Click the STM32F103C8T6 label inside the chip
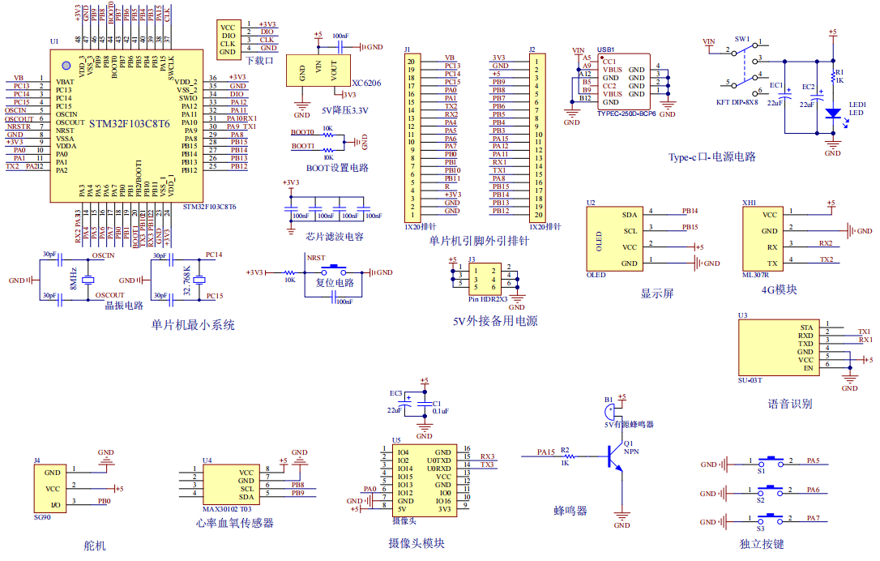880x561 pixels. coord(129,124)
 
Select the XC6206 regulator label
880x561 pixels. coord(366,83)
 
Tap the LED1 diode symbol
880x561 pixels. coord(831,113)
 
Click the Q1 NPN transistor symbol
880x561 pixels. coord(613,459)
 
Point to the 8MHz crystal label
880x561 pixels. coord(73,278)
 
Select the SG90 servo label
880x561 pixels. coord(42,516)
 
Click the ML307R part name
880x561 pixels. coord(756,274)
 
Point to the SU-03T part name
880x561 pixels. coord(750,379)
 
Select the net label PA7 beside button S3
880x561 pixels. coord(813,517)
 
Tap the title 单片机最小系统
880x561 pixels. coord(193,325)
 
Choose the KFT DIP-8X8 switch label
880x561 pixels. coord(737,102)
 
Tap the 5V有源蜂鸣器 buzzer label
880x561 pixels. coord(629,424)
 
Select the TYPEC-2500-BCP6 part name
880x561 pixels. coord(626,114)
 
